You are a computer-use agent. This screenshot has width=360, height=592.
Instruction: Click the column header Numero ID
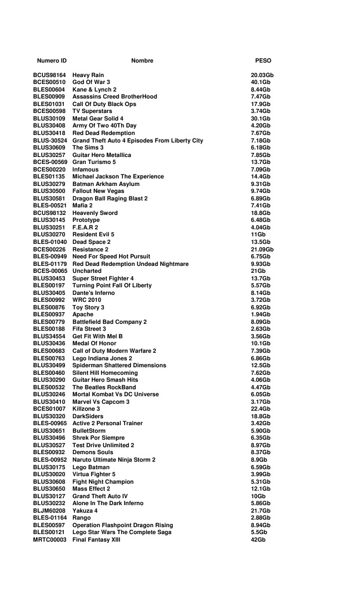52,61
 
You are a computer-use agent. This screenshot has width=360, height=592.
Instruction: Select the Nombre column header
142,61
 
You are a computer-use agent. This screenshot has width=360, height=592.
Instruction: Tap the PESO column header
263,61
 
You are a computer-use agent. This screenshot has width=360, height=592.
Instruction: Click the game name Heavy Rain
88,75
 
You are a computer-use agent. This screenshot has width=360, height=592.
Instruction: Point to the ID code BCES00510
49,82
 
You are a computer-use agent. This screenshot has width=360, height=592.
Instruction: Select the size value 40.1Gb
260,82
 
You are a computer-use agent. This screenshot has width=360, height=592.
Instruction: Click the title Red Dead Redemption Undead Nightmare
130,264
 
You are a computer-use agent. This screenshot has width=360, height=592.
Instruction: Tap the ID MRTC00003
50,540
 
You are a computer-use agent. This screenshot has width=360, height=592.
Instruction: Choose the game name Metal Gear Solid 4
98,119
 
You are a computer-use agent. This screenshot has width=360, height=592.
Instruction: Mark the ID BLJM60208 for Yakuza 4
49,511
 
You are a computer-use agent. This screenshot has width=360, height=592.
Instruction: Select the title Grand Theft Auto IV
100,496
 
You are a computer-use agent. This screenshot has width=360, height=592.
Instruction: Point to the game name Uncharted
87,271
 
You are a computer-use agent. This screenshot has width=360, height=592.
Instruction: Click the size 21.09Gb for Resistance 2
262,249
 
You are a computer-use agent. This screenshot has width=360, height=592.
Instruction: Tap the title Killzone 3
86,409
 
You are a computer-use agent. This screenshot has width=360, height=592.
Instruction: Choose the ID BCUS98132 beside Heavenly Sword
49,213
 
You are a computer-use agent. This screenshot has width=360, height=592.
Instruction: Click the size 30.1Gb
260,119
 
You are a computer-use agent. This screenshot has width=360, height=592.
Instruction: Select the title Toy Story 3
88,308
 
